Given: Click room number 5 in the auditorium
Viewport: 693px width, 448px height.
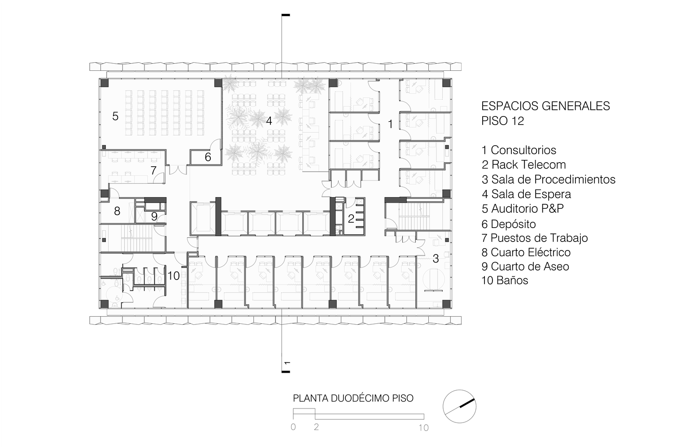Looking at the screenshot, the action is pyautogui.click(x=115, y=116).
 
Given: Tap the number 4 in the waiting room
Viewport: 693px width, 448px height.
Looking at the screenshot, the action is pyautogui.click(x=269, y=121).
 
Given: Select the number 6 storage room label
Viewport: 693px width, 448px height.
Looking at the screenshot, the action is pyautogui.click(x=208, y=157).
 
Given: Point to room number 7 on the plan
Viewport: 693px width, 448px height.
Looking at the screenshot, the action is pyautogui.click(x=153, y=170).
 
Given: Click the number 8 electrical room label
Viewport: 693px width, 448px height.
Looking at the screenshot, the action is pyautogui.click(x=117, y=211).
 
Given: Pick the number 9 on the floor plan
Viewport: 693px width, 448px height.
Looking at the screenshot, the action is pyautogui.click(x=154, y=216).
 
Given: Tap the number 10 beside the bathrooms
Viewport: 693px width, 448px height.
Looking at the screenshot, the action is pyautogui.click(x=174, y=276).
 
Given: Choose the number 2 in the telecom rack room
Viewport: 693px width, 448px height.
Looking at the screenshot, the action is pyautogui.click(x=351, y=219).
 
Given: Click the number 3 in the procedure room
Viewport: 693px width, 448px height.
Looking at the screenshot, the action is pyautogui.click(x=436, y=258).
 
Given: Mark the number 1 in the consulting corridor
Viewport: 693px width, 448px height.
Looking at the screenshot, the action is pyautogui.click(x=390, y=124).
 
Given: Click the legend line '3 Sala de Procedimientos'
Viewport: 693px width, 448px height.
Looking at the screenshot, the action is pyautogui.click(x=549, y=179).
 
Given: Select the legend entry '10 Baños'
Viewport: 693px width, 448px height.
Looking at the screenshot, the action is pyautogui.click(x=505, y=280).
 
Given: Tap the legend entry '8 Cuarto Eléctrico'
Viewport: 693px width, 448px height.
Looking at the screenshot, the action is pyautogui.click(x=526, y=252).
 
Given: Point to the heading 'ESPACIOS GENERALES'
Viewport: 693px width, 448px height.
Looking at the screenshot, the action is pyautogui.click(x=546, y=106).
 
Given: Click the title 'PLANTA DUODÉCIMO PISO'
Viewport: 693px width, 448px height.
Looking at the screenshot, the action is pyautogui.click(x=353, y=398).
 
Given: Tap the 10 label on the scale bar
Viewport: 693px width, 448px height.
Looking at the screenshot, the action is pyautogui.click(x=424, y=427).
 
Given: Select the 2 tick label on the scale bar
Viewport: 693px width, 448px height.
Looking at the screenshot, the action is pyautogui.click(x=316, y=427).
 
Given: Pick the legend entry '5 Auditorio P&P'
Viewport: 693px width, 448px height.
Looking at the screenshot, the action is pyautogui.click(x=523, y=209).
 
